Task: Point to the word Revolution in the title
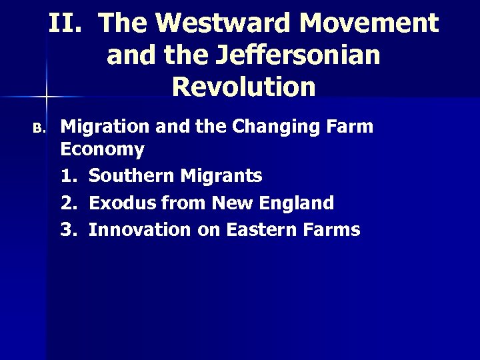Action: (243, 87)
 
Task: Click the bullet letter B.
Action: (39, 128)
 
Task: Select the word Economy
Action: (102, 149)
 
